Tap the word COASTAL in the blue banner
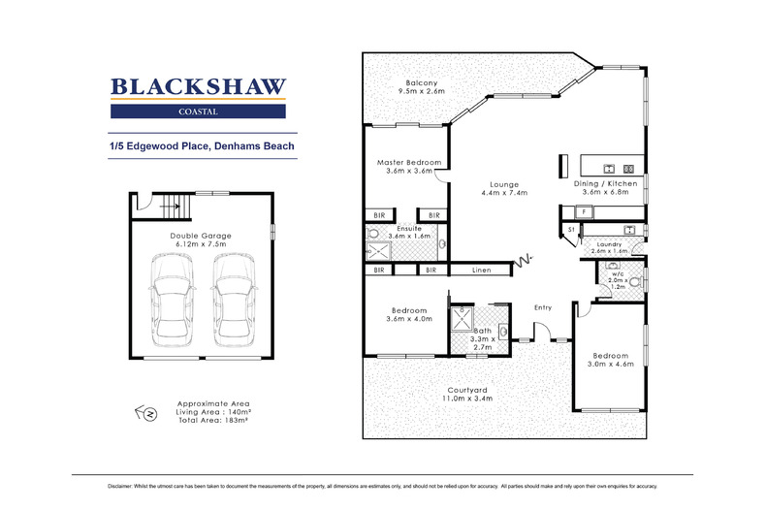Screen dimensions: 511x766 point(198,112)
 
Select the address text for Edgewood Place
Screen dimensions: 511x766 point(202,146)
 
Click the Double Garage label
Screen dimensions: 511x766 point(198,239)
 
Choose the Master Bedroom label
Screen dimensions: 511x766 point(409,163)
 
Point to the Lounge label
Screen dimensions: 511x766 point(504,184)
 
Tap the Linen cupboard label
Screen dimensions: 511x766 point(480,270)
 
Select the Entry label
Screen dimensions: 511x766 point(542,307)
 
